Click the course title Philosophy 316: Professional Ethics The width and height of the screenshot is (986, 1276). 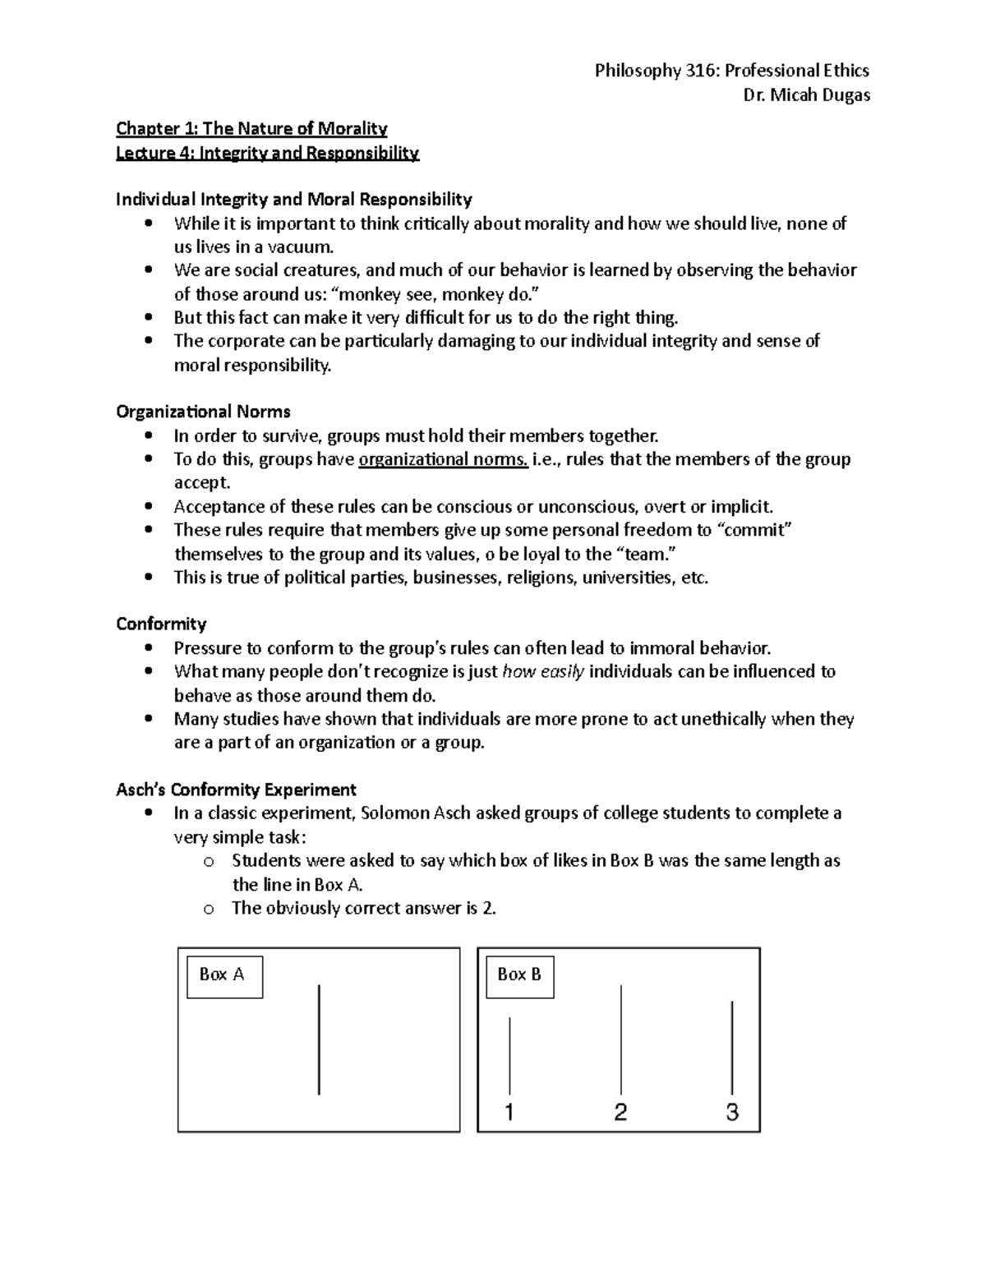click(x=731, y=71)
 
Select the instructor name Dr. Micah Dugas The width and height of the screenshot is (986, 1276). click(x=805, y=94)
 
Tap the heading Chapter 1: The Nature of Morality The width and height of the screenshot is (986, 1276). click(x=251, y=128)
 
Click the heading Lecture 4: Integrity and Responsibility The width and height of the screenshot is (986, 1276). click(x=267, y=153)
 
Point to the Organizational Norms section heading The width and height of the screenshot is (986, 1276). click(x=203, y=412)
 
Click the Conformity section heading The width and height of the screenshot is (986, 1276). click(x=161, y=624)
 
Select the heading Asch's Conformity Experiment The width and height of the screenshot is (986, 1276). click(x=236, y=790)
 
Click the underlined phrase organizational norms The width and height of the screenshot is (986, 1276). click(x=444, y=459)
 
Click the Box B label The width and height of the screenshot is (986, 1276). click(x=519, y=975)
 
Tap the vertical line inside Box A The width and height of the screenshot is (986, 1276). click(x=319, y=1039)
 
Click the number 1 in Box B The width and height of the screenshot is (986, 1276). click(x=509, y=1112)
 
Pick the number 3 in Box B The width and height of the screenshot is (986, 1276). click(x=731, y=1112)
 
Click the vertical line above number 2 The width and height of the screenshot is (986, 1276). click(x=621, y=1039)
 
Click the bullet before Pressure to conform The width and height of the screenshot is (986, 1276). click(x=148, y=648)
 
